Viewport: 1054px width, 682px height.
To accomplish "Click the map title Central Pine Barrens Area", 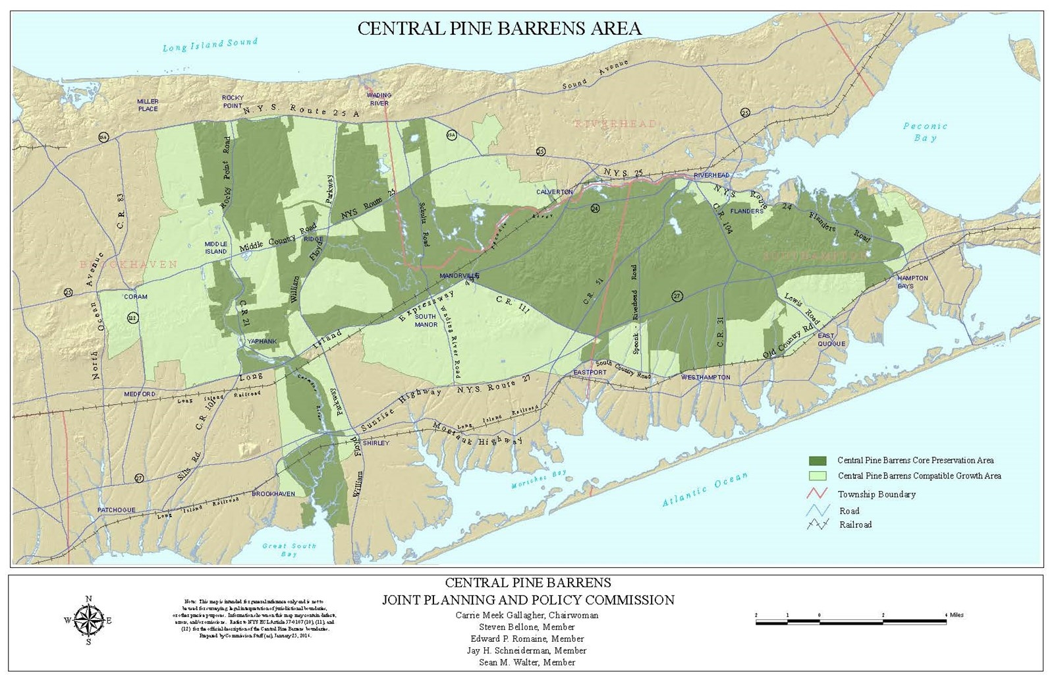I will coord(499,28).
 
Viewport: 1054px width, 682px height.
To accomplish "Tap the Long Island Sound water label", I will coord(209,45).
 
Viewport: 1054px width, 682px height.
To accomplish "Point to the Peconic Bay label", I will coord(925,132).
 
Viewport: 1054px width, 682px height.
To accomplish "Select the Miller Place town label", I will coord(148,105).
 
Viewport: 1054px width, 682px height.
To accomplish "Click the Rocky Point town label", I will coord(233,101).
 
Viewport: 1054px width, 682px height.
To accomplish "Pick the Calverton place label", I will coord(554,192).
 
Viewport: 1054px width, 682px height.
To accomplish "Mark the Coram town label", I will coord(136,297).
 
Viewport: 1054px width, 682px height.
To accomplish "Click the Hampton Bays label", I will coord(912,282).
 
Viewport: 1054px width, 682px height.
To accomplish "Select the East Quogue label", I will coord(831,339).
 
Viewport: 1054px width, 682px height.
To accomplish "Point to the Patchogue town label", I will coord(116,510).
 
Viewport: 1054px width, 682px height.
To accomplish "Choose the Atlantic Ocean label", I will coord(705,490).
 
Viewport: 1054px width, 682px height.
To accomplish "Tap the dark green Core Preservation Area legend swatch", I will coord(818,461).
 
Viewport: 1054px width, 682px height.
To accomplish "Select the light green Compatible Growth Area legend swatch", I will coord(818,476).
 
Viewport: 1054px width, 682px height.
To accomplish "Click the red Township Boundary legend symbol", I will coord(818,494).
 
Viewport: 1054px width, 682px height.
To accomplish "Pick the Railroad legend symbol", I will coord(818,525).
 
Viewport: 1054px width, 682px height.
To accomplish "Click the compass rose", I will coord(88,620).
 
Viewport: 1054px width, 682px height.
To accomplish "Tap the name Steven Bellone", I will coord(527,627).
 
